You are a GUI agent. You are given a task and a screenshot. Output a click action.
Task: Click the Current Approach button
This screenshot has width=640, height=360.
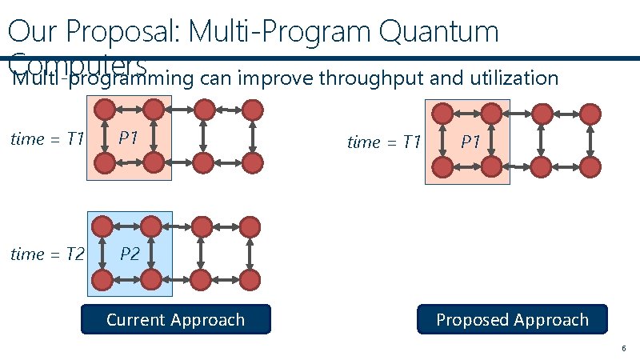(x=175, y=320)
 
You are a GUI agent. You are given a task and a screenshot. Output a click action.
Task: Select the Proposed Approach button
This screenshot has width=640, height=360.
(x=512, y=320)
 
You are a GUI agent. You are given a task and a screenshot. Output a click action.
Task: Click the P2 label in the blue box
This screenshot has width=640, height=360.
(x=130, y=254)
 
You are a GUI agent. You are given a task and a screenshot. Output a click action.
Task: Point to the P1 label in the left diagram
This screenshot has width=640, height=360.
(x=129, y=137)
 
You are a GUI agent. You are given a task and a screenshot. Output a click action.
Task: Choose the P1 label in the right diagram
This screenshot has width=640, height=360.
(x=470, y=142)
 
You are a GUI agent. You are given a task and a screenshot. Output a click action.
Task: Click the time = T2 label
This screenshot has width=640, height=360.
(x=47, y=254)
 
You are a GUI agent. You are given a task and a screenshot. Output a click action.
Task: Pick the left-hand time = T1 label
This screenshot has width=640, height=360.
(x=47, y=139)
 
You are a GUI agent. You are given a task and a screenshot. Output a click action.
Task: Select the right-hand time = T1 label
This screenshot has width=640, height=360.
(x=384, y=142)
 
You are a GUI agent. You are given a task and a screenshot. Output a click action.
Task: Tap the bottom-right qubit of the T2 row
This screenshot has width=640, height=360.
(x=251, y=280)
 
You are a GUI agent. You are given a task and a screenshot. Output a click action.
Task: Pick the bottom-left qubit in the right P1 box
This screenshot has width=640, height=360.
(x=442, y=167)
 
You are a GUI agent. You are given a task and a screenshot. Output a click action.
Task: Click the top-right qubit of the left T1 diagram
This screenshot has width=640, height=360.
(x=251, y=108)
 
